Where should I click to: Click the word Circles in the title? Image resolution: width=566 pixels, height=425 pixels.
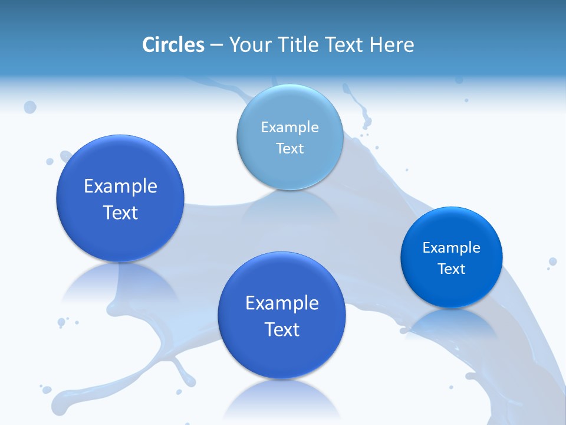coord(173,45)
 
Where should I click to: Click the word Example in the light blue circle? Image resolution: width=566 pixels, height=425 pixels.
coord(289,127)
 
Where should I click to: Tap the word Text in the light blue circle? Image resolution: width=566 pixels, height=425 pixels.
coord(289,148)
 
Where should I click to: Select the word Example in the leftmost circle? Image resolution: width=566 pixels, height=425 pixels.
coord(120,186)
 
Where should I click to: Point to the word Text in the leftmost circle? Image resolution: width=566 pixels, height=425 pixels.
coord(120,212)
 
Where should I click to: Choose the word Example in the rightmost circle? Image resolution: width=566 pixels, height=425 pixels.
coord(451,247)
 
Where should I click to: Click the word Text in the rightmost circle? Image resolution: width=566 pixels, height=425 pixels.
coord(451,269)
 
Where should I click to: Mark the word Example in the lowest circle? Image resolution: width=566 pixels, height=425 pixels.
coord(282,303)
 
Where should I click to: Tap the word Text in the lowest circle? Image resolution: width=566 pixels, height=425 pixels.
coord(282,329)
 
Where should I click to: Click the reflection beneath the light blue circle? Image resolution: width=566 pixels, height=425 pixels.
coord(289,204)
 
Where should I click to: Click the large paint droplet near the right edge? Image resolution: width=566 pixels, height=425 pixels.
coord(552,261)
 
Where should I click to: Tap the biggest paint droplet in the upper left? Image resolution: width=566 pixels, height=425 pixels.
coord(29,107)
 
